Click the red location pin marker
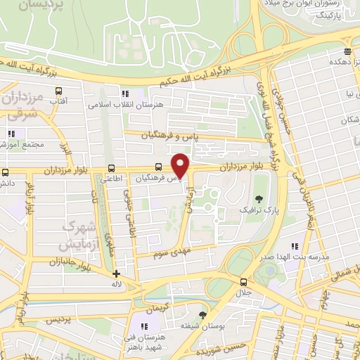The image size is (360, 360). (x=181, y=165)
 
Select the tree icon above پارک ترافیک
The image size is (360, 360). (x=260, y=198)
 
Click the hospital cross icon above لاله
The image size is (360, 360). (x=116, y=274)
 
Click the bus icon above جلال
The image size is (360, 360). (x=243, y=281)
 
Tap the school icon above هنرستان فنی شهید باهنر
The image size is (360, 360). (x=144, y=326)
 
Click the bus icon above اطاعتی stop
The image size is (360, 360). (x=112, y=168)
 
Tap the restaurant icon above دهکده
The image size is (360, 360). (x=347, y=51)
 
